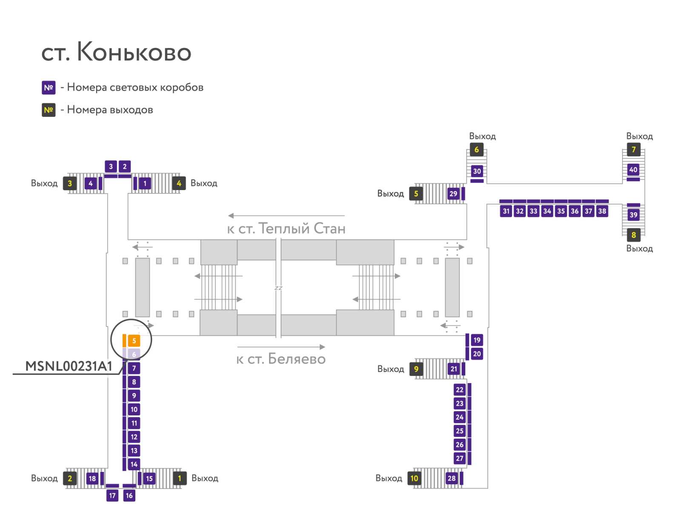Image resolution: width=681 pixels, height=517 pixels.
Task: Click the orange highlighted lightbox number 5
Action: click(134, 341)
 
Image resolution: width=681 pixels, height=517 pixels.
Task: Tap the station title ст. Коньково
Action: click(116, 52)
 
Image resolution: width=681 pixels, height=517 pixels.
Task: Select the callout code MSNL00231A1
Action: click(69, 366)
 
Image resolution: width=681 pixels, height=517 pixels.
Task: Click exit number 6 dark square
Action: click(476, 150)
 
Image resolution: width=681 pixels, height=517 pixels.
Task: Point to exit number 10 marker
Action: click(414, 478)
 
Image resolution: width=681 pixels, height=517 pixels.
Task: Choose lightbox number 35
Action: click(561, 211)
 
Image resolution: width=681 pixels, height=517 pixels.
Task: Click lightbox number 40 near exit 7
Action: click(633, 170)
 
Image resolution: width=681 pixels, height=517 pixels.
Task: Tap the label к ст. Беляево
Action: click(281, 359)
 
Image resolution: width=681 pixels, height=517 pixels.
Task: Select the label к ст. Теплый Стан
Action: click(286, 229)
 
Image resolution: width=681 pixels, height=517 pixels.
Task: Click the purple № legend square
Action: click(49, 88)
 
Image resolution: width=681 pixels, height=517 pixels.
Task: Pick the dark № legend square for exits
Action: click(49, 110)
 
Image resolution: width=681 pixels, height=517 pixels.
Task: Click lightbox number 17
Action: click(112, 495)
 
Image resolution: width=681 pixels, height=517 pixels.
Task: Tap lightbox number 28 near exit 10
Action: click(452, 478)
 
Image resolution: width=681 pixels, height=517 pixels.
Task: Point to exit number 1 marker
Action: click(180, 478)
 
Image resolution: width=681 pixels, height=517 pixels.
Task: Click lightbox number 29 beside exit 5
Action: click(453, 194)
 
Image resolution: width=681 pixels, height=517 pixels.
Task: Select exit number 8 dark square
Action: click(633, 235)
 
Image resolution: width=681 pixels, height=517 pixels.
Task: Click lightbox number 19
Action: click(477, 340)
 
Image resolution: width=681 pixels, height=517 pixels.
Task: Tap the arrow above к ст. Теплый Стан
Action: click(286, 216)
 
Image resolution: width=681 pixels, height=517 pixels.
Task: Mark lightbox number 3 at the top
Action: click(111, 167)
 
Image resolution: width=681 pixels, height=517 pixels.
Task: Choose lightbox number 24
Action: click(460, 417)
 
